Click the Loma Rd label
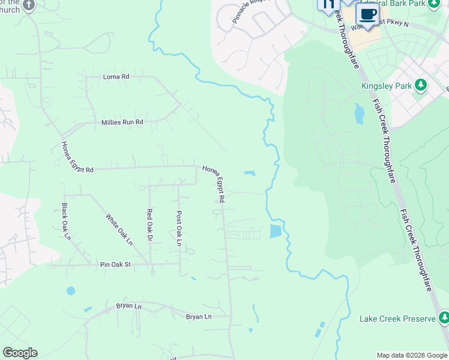click(116, 77)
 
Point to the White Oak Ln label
click(119, 230)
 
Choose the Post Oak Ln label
click(178, 227)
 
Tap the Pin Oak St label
click(114, 264)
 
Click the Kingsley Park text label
click(386, 86)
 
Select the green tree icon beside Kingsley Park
click(421, 85)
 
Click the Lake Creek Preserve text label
click(397, 319)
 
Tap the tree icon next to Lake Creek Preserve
click(443, 317)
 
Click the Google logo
click(20, 353)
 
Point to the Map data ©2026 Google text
click(412, 355)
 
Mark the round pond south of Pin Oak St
click(71, 291)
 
